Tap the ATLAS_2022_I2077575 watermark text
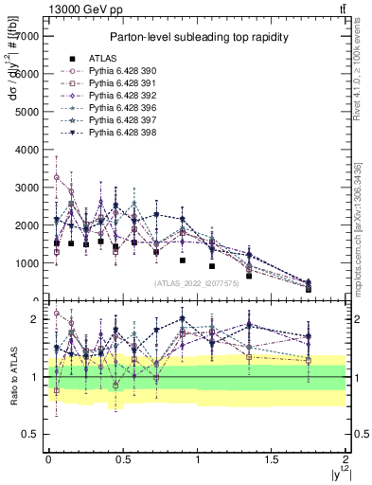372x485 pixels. click(197, 282)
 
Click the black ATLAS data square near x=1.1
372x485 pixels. click(212, 266)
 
